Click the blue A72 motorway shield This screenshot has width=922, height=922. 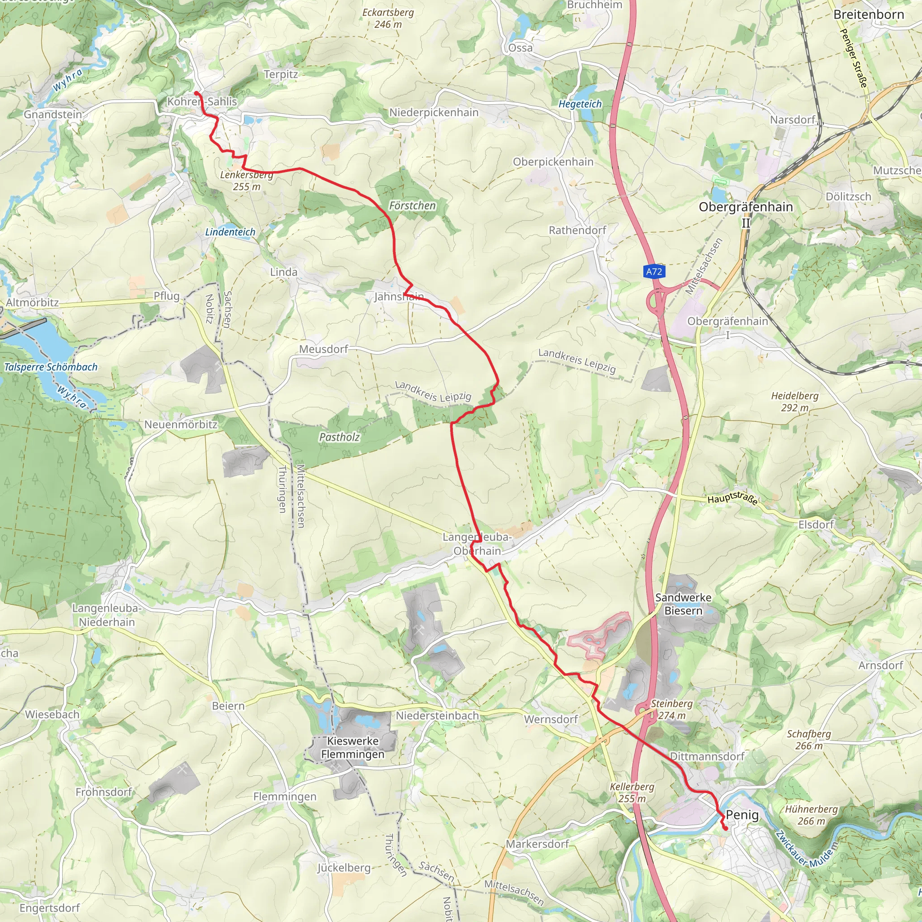(653, 271)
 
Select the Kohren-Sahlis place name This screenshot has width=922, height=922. (202, 102)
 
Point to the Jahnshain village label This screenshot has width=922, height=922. (398, 297)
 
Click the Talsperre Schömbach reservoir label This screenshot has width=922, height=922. (50, 367)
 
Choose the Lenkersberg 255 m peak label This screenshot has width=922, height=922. (247, 181)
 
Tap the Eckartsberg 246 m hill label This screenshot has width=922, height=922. (388, 18)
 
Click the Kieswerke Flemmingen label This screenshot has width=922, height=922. (353, 747)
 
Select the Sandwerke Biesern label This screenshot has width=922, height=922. (683, 604)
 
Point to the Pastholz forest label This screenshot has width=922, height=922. (339, 437)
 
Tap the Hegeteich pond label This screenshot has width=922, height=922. (580, 104)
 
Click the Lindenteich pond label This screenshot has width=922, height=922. (230, 232)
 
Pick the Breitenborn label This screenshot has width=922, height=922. (868, 15)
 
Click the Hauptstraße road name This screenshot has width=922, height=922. (732, 498)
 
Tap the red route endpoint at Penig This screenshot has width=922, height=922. (725, 828)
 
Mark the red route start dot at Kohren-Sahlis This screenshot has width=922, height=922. (196, 93)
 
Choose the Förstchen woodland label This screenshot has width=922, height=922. (412, 206)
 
